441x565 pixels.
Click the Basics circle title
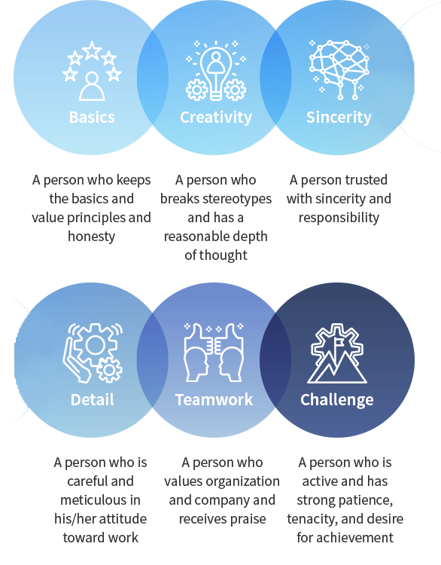[92, 118]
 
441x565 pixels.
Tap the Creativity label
[216, 118]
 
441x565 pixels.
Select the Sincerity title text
[339, 118]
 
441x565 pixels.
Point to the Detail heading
[92, 399]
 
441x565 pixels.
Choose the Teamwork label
[214, 399]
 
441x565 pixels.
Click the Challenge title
[337, 400]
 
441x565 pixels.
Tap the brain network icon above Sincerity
[339, 69]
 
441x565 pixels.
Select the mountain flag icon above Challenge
[337, 353]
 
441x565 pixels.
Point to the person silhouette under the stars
[92, 87]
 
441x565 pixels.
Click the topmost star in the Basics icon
[92, 50]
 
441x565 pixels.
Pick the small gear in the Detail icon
[109, 370]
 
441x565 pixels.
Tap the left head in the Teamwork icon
[196, 364]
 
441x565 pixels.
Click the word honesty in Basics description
[92, 237]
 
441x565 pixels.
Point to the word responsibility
[339, 218]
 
